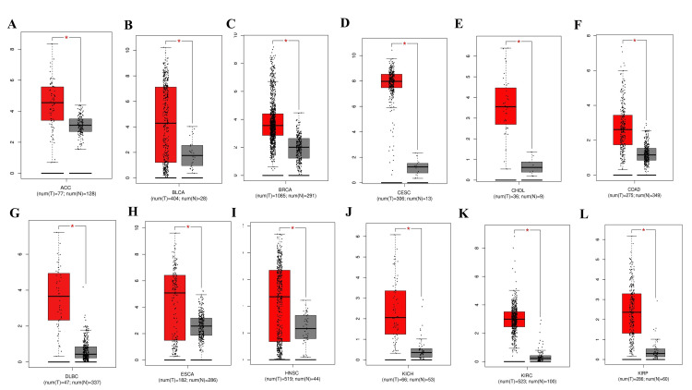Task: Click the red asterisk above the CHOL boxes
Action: pos(519,42)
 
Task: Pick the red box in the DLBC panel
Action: pos(58,296)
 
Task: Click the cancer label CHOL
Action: pos(521,189)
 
